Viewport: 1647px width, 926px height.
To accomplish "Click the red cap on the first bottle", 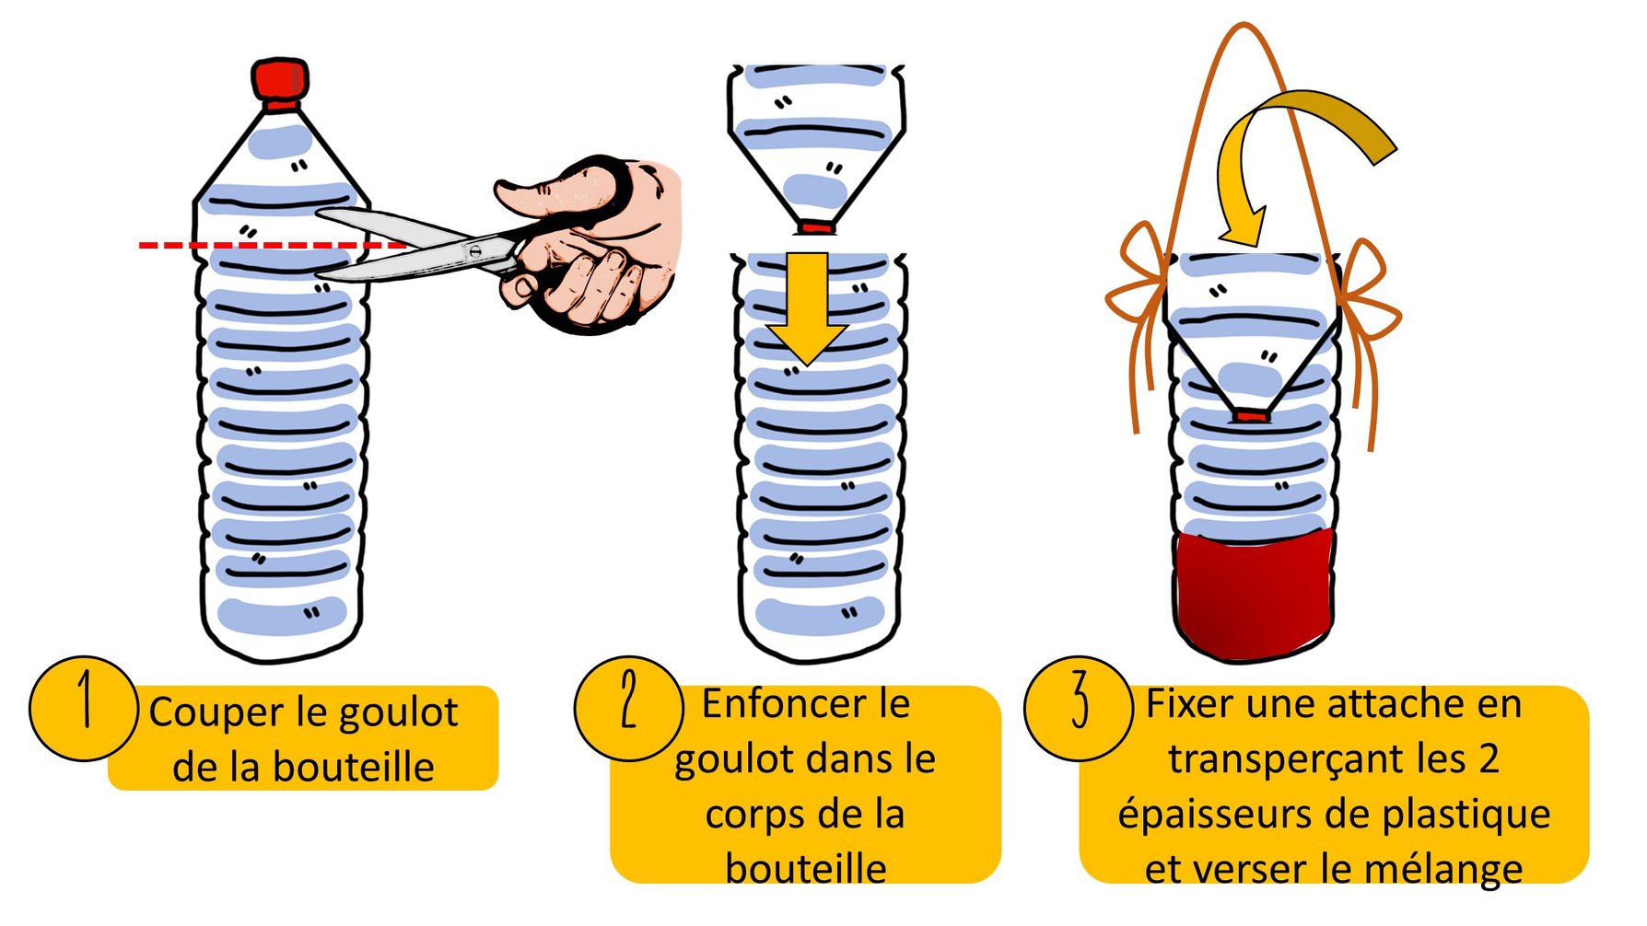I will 280,79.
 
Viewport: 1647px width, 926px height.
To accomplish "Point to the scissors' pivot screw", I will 474,249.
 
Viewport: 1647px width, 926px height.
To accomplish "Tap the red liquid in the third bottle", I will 1255,589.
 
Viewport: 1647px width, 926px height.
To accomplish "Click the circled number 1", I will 83,707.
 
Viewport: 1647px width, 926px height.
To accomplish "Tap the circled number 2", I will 628,707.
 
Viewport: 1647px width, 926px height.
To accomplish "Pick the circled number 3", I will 1078,707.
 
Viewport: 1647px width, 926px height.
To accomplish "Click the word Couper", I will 216,713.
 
